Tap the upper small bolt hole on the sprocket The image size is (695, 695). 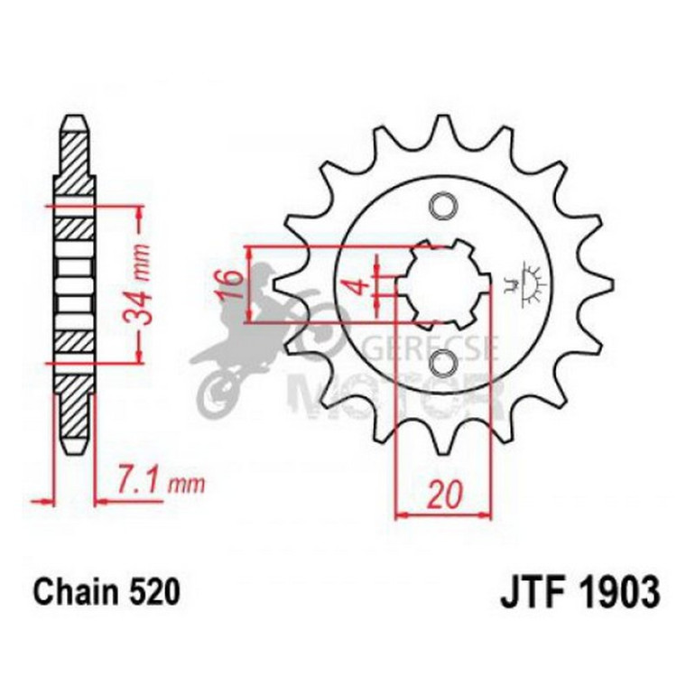click(x=442, y=207)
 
